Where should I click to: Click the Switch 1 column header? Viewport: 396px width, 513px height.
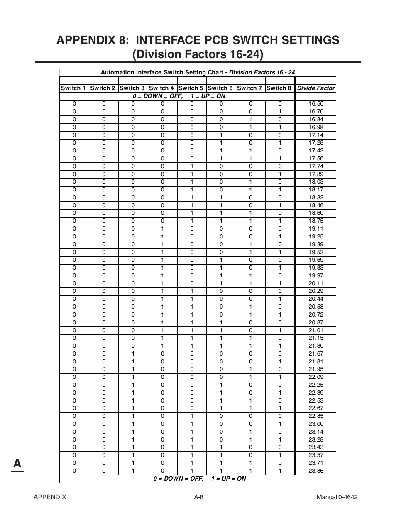(x=73, y=88)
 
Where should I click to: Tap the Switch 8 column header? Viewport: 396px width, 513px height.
(x=279, y=88)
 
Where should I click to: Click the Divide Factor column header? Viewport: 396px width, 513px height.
(x=315, y=88)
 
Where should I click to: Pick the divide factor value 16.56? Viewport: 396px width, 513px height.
(x=315, y=104)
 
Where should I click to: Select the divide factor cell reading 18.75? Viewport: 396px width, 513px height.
(x=315, y=221)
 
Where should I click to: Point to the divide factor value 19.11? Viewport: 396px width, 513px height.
(x=315, y=229)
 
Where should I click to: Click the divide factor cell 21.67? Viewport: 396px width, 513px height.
(x=315, y=354)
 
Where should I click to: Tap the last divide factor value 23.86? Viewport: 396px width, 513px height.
(x=315, y=471)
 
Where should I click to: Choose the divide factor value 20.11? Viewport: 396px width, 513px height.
(x=315, y=283)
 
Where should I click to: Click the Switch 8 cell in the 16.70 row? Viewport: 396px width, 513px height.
(x=280, y=111)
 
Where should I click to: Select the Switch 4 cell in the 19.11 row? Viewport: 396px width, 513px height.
(x=162, y=229)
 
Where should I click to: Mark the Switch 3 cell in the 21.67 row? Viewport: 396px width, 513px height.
(x=133, y=354)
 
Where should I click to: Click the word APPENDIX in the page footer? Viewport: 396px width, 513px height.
(x=50, y=497)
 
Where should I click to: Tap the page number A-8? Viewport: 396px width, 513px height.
(x=198, y=497)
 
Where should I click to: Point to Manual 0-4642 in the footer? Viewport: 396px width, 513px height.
(x=337, y=497)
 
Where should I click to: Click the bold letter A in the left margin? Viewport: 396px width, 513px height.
(x=17, y=463)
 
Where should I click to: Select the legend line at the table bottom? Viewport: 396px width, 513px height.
(x=199, y=479)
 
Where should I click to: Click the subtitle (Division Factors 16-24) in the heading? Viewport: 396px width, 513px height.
(x=198, y=54)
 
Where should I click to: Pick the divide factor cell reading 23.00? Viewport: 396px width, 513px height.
(x=315, y=424)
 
